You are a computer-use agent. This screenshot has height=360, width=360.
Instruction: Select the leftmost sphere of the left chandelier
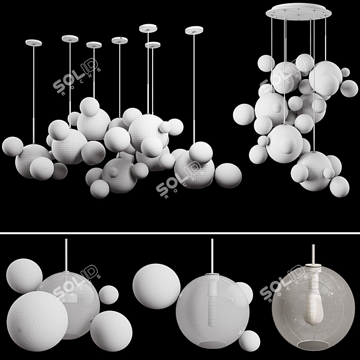pyautogui.click(x=12, y=146)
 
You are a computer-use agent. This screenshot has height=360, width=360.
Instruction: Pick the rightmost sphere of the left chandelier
pyautogui.click(x=228, y=175)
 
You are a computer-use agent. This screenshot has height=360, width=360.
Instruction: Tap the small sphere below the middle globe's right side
pyautogui.click(x=249, y=341)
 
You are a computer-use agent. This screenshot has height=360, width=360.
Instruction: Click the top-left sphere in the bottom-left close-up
pyautogui.click(x=24, y=276)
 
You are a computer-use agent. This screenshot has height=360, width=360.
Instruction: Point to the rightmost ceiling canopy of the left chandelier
pyautogui.click(x=194, y=31)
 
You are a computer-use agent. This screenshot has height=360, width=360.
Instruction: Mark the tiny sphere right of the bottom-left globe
pyautogui.click(x=109, y=294)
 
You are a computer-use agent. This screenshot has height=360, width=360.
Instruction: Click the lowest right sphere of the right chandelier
pyautogui.click(x=339, y=186)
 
